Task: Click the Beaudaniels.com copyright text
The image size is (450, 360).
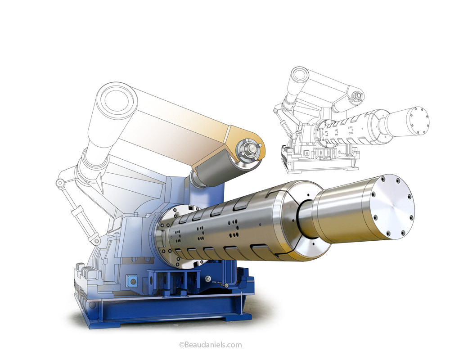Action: point(211,345)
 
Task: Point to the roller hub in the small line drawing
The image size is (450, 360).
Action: point(358,96)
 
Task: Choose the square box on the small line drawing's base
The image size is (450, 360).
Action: point(307,153)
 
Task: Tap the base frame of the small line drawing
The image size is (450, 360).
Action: point(315,166)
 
